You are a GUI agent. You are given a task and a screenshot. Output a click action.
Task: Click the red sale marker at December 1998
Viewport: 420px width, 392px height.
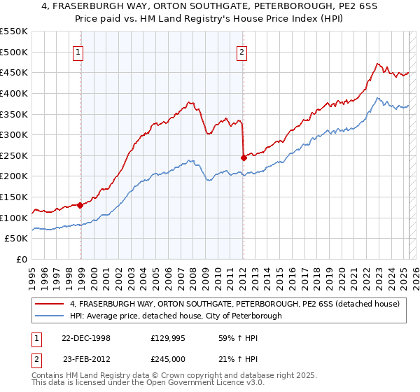(x=80, y=205)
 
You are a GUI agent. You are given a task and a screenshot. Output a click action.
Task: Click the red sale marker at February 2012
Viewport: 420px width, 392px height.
(x=244, y=157)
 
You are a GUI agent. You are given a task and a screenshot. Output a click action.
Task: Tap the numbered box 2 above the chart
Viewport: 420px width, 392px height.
(x=241, y=51)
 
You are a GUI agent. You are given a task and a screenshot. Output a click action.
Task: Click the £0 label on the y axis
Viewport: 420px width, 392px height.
(x=22, y=259)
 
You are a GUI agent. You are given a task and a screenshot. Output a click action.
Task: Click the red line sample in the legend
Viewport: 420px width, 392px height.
(x=50, y=304)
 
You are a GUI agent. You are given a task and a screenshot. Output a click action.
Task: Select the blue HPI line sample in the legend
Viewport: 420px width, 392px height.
(x=50, y=316)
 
